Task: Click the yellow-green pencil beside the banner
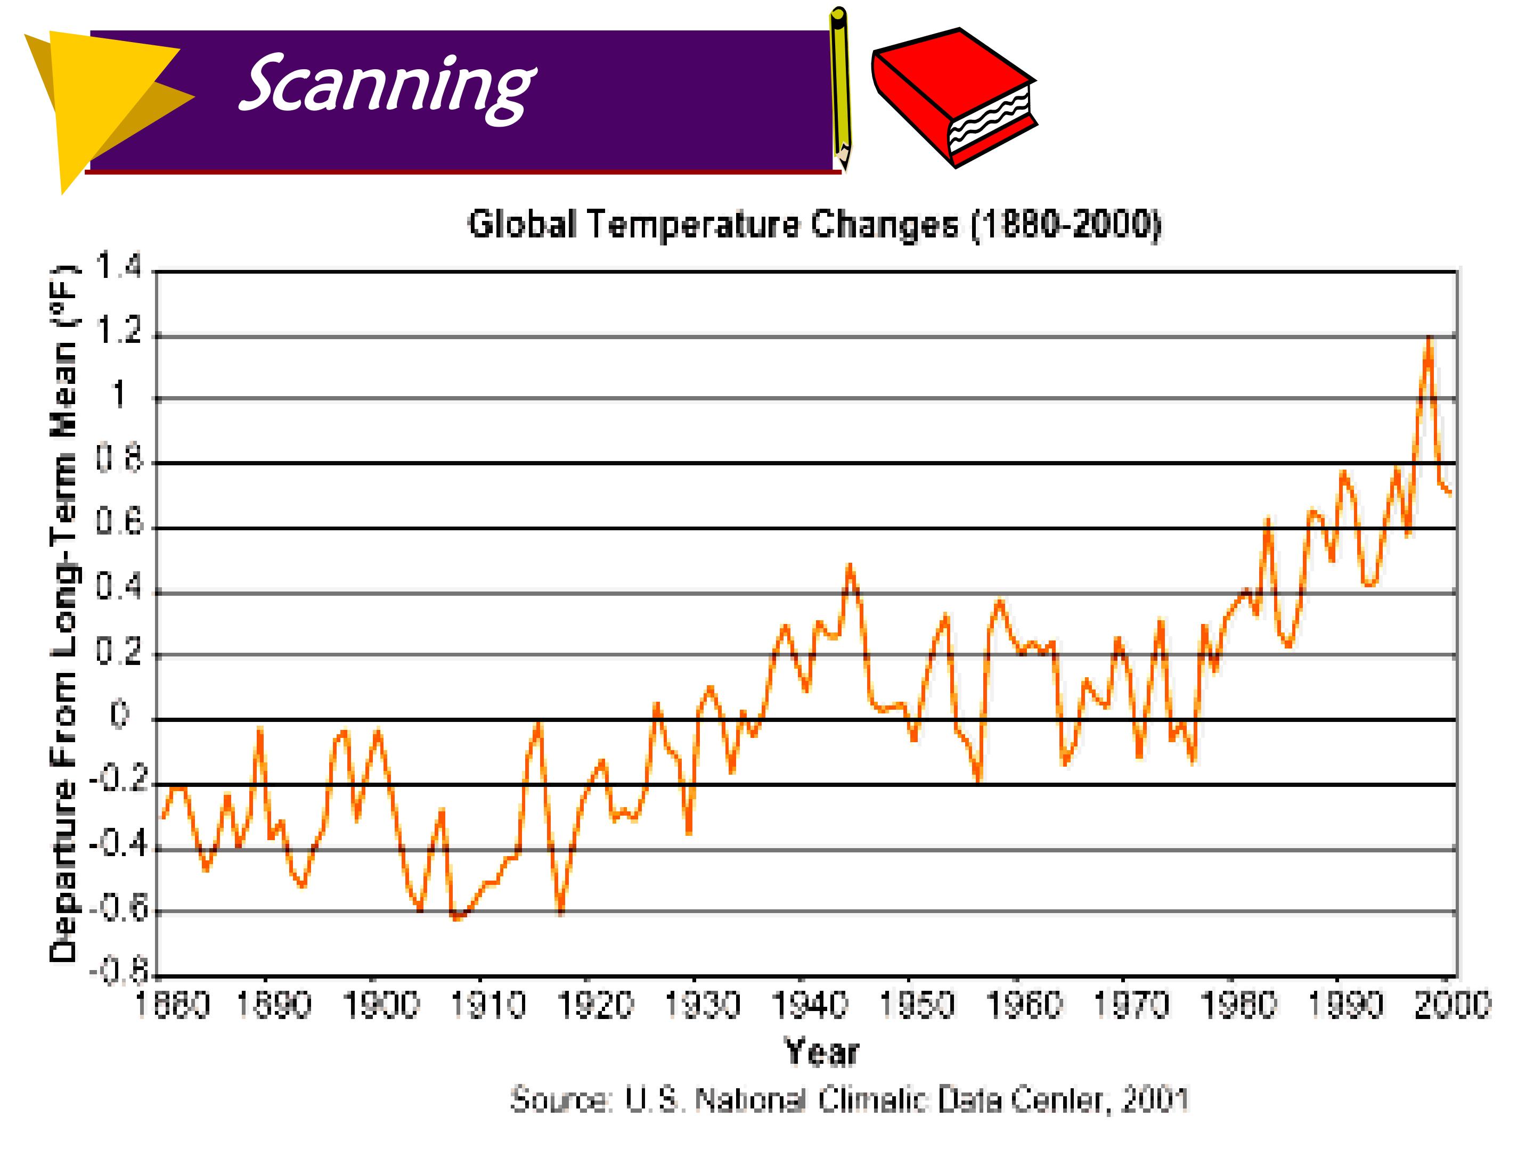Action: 841,89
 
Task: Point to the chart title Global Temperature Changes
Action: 713,225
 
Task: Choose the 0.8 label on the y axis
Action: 119,459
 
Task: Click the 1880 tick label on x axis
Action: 172,1005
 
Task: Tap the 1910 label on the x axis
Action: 489,1005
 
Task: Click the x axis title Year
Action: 822,1052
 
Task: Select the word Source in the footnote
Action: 561,1099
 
